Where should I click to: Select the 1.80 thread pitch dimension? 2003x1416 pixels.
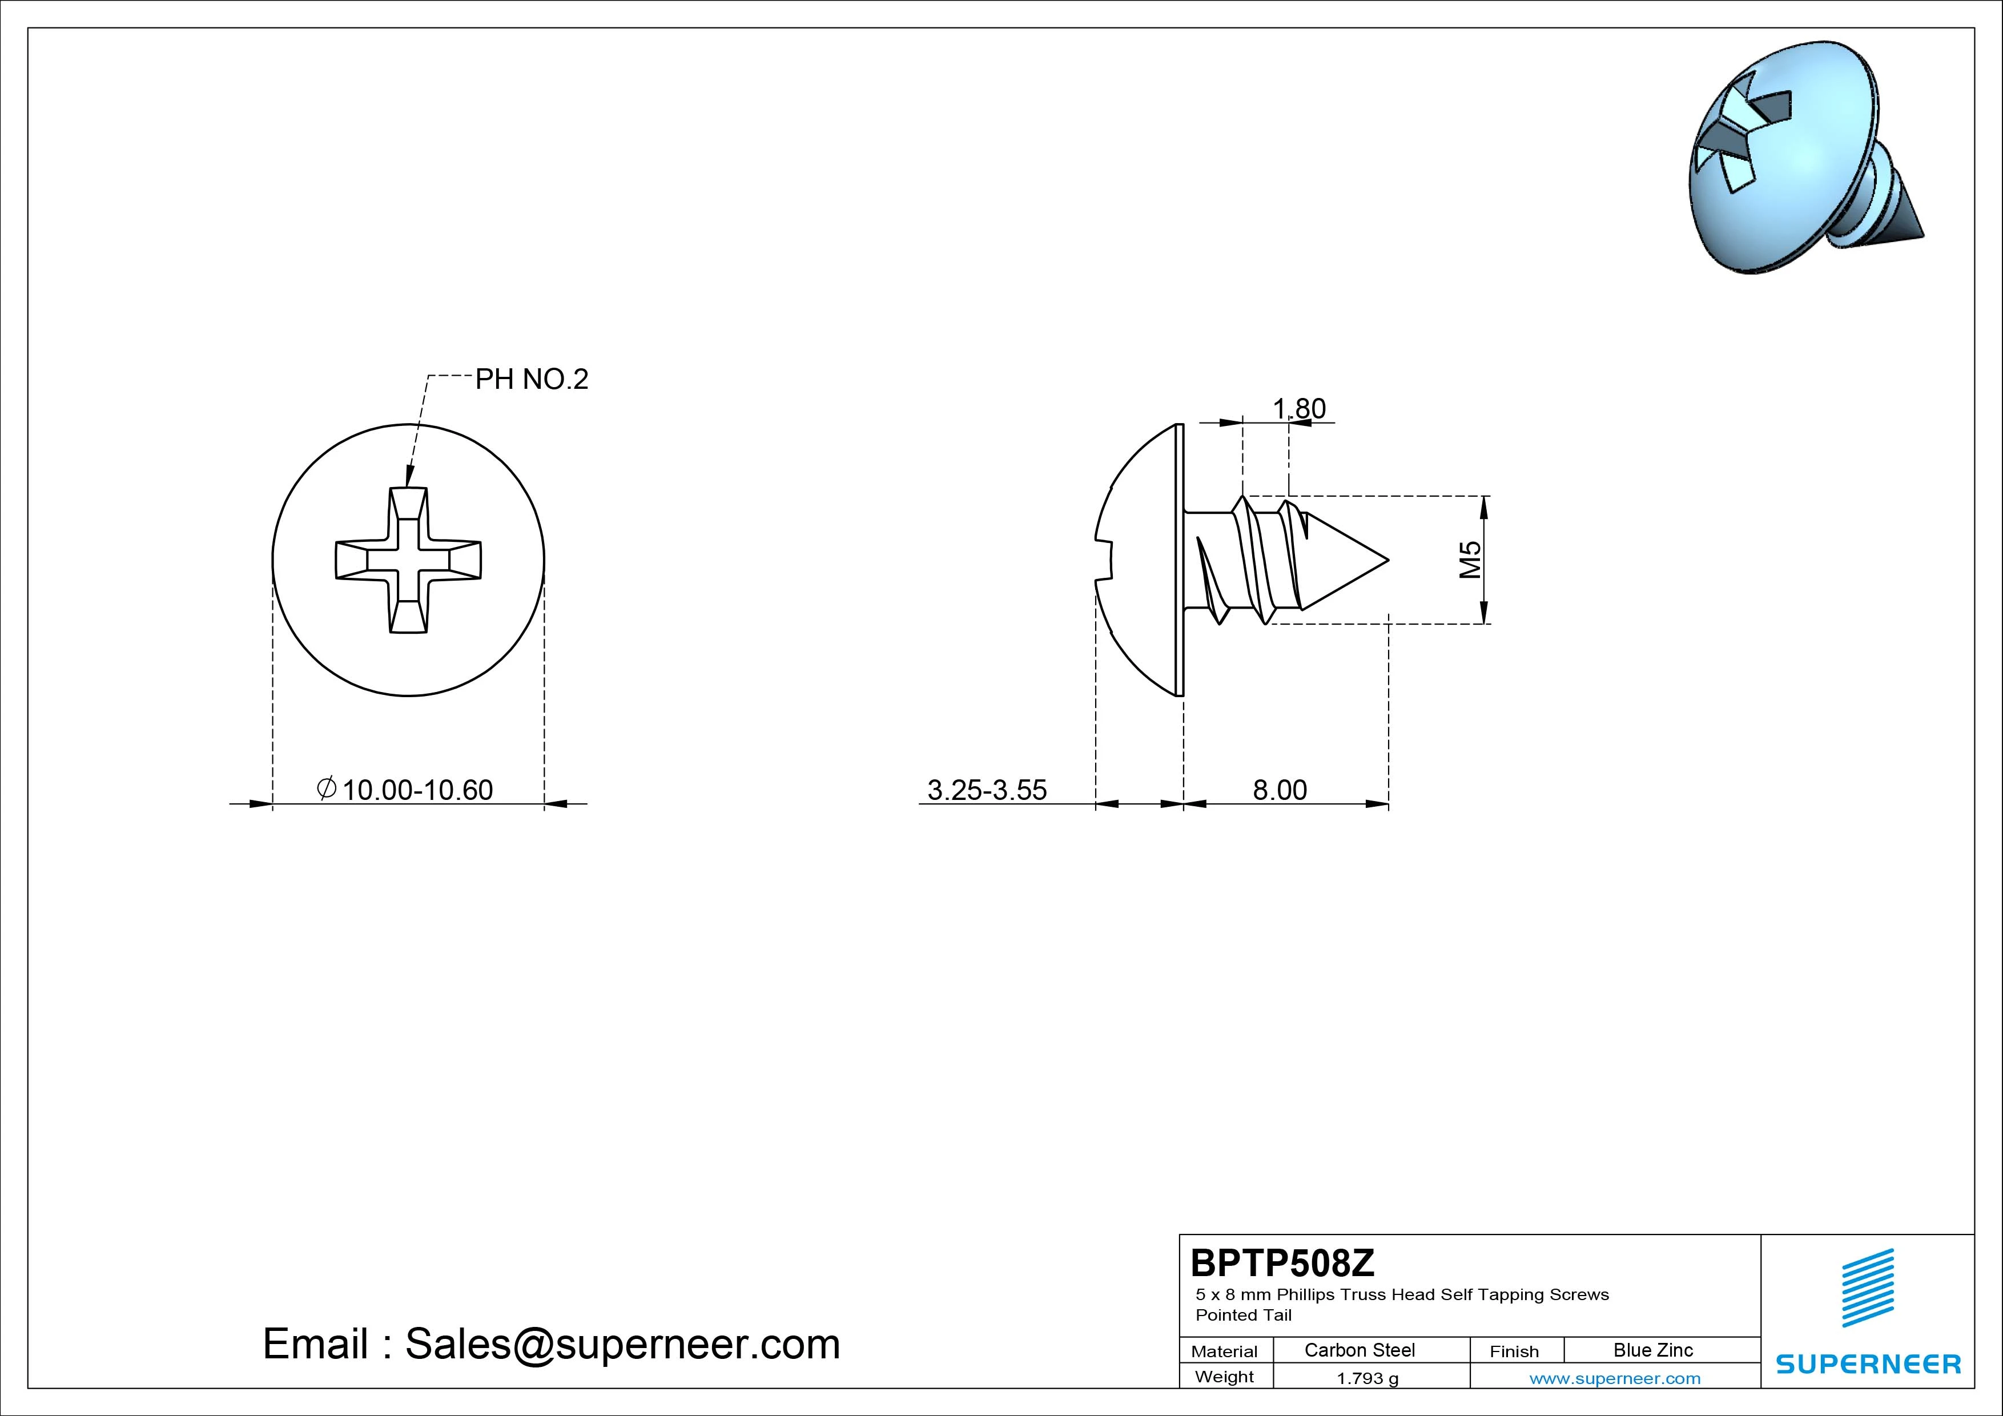click(1299, 408)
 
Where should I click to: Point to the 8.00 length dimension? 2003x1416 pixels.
click(1280, 790)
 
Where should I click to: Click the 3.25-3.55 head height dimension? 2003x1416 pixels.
click(987, 790)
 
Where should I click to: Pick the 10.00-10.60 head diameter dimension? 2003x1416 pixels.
click(405, 790)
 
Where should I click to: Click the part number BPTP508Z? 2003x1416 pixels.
click(1282, 1262)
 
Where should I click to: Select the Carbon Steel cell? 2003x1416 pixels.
click(1359, 1350)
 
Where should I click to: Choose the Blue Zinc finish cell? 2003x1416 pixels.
click(1653, 1350)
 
